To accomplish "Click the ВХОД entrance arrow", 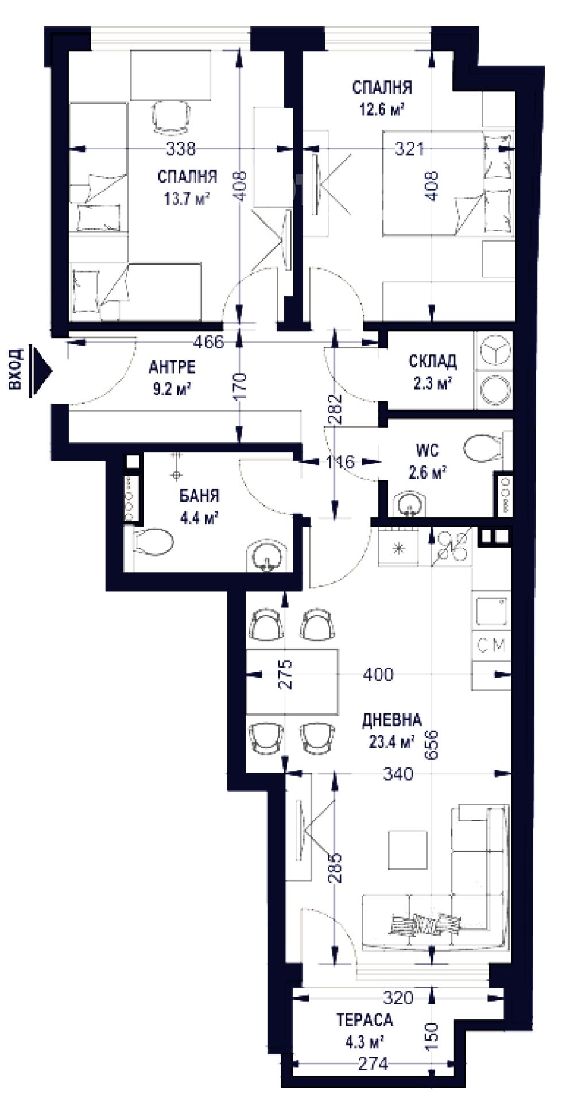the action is (41, 371).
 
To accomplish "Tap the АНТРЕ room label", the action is (172, 366).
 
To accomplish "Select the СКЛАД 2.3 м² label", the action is (433, 371).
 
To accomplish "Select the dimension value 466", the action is (208, 343).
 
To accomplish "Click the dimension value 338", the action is (180, 149).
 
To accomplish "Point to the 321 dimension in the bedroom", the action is (410, 149).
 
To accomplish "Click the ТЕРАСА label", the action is (364, 1020).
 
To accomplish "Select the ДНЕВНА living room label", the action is (391, 720).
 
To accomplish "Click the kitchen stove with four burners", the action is (454, 545).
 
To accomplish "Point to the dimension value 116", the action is (340, 461).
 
